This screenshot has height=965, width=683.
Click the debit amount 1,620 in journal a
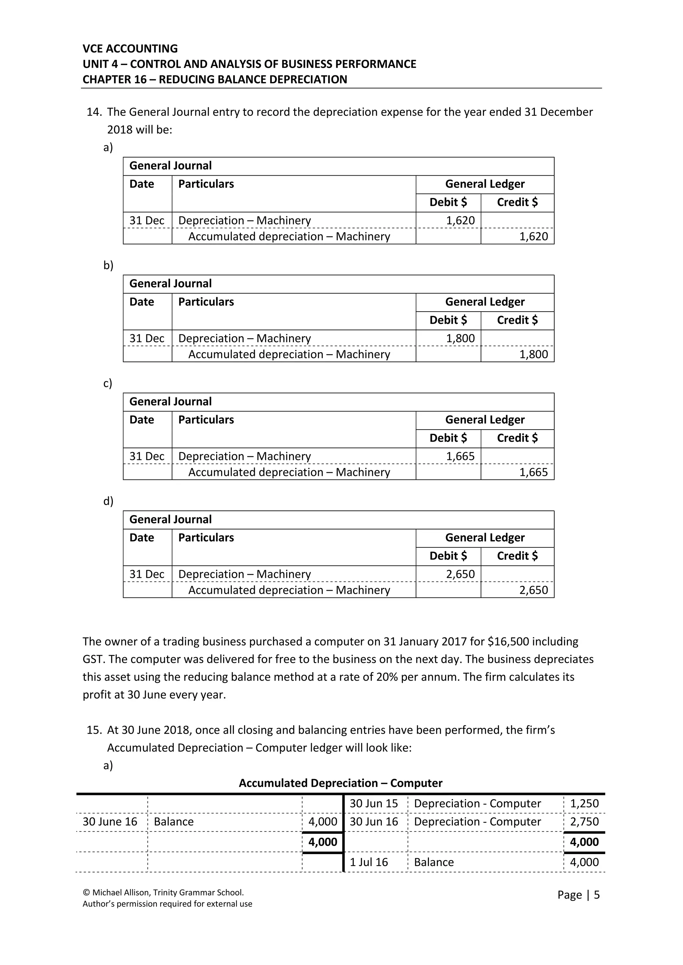pyautogui.click(x=460, y=220)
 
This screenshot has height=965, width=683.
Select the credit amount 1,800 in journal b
pyautogui.click(x=533, y=354)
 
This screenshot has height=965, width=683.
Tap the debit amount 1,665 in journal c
pyautogui.click(x=460, y=456)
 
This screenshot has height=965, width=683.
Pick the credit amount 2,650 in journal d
pyautogui.click(x=533, y=590)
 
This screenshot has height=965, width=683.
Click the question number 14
pyautogui.click(x=94, y=112)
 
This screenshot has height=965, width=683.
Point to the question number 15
pyautogui.click(x=94, y=730)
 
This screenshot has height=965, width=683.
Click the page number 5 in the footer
pyautogui.click(x=596, y=895)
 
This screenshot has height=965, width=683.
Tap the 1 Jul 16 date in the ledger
pyautogui.click(x=369, y=862)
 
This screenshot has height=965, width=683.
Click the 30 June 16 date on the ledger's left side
pyautogui.click(x=110, y=821)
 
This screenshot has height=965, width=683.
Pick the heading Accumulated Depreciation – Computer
pyautogui.click(x=340, y=783)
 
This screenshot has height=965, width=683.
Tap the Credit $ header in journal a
pyautogui.click(x=517, y=202)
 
